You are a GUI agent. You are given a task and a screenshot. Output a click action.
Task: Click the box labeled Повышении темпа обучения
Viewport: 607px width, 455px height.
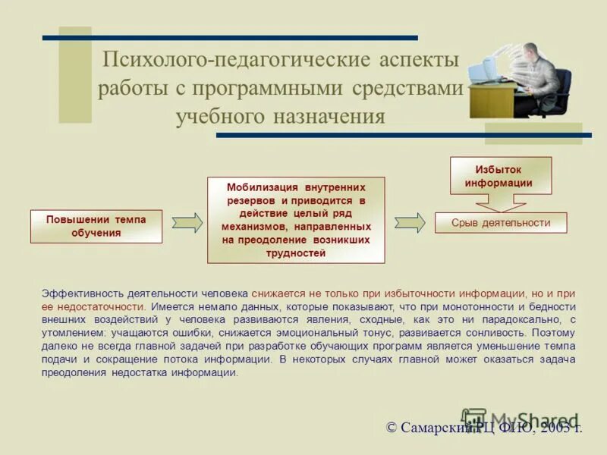pyautogui.click(x=96, y=226)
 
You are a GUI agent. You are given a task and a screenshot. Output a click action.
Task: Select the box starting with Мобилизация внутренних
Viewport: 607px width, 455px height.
pyautogui.click(x=296, y=220)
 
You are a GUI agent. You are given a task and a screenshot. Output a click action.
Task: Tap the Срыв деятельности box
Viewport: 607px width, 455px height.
pyautogui.click(x=500, y=222)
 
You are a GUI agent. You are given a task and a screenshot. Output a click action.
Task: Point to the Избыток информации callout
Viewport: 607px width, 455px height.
pyautogui.click(x=501, y=177)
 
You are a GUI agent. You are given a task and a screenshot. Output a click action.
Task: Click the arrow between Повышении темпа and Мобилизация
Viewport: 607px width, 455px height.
pyautogui.click(x=187, y=222)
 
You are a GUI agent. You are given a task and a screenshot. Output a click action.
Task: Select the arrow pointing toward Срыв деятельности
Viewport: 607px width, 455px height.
pyautogui.click(x=410, y=222)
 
